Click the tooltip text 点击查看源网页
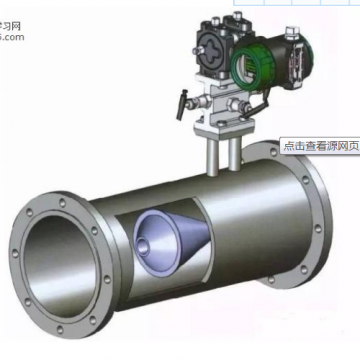(x=319, y=144)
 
